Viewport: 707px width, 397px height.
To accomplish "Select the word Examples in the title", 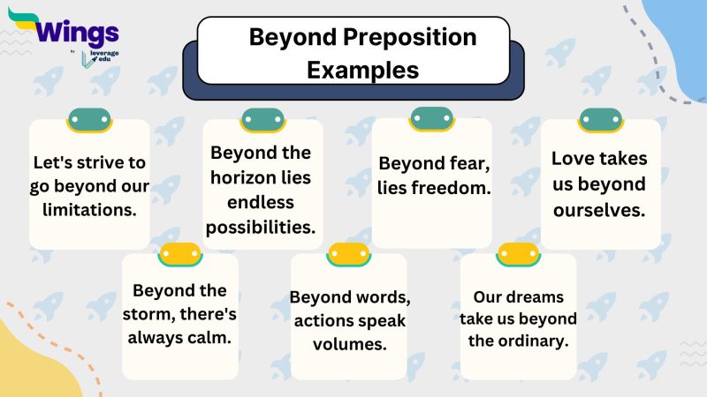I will pos(362,69).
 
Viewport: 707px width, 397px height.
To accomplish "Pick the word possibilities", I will pos(261,227).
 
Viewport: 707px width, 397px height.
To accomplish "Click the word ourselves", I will pos(601,210).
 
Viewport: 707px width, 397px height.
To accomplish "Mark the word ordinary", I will pos(535,341).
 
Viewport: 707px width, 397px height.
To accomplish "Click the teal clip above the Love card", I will pos(601,120).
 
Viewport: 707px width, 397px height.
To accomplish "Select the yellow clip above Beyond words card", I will pos(349,254).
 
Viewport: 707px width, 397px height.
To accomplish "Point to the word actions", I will pos(323,320).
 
